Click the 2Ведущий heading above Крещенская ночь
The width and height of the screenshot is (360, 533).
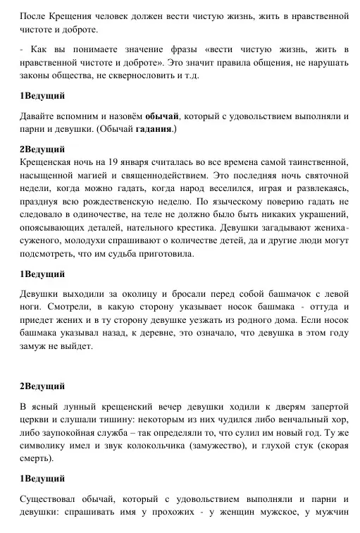(x=42, y=149)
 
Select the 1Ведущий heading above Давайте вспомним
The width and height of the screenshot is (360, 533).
(x=42, y=96)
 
